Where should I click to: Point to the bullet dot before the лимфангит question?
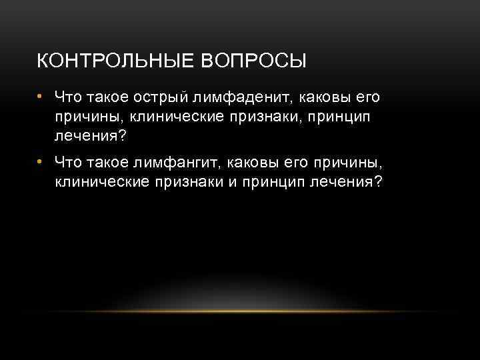(40, 161)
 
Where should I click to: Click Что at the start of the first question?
(67, 98)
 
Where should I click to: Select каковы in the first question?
(323, 98)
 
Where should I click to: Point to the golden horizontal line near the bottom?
(240, 311)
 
